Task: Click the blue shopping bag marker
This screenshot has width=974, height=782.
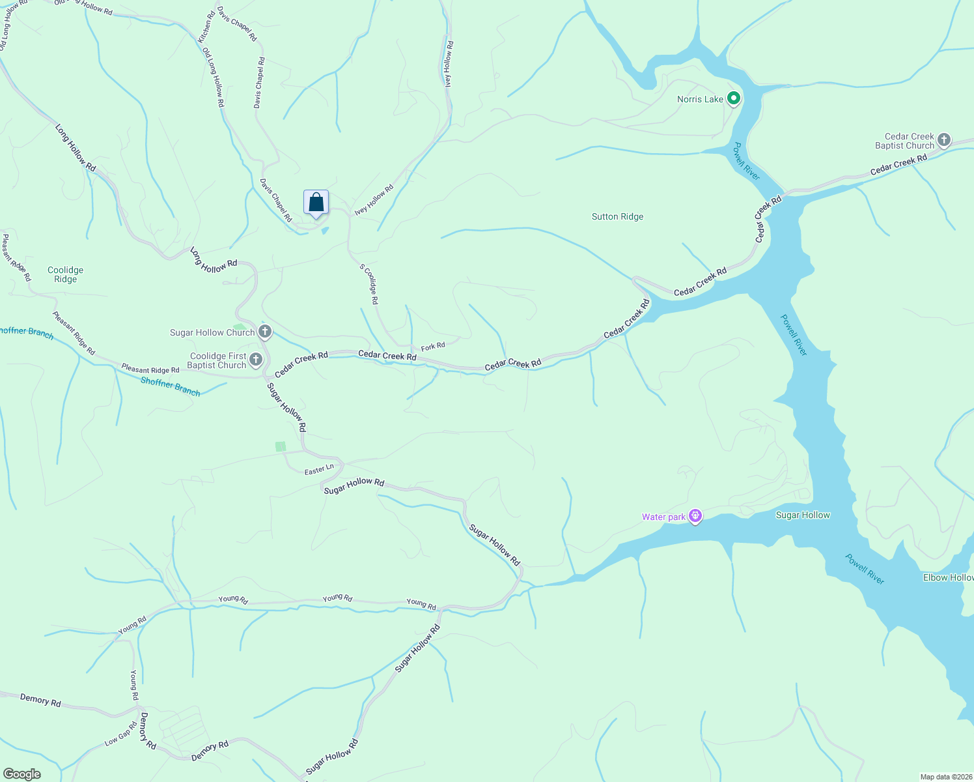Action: pos(316,202)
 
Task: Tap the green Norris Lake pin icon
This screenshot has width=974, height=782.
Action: pos(734,99)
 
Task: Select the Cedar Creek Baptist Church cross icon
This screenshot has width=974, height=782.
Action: pos(943,140)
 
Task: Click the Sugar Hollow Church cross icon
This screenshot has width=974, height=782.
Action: pos(265,332)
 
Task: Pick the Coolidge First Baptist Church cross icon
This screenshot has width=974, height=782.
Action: pos(256,360)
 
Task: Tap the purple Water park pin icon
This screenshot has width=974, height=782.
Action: pos(695,517)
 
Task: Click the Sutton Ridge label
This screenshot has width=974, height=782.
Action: pos(617,217)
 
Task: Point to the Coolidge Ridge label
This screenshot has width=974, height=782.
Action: pos(65,274)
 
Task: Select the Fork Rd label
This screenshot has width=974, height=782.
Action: pos(433,347)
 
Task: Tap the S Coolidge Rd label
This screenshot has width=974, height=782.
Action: pos(369,284)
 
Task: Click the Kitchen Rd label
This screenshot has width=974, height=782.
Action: pos(207,27)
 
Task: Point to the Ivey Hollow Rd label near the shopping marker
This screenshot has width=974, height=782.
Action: pos(374,200)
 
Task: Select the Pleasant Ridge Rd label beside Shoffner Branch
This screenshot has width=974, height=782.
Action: pos(150,369)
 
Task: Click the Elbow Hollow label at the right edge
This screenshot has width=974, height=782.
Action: pos(948,578)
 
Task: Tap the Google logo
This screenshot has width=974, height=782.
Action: pos(21,774)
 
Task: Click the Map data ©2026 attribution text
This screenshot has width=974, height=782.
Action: pos(945,777)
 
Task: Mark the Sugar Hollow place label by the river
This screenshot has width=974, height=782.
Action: pos(803,515)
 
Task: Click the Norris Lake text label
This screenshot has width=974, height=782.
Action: pos(700,100)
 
